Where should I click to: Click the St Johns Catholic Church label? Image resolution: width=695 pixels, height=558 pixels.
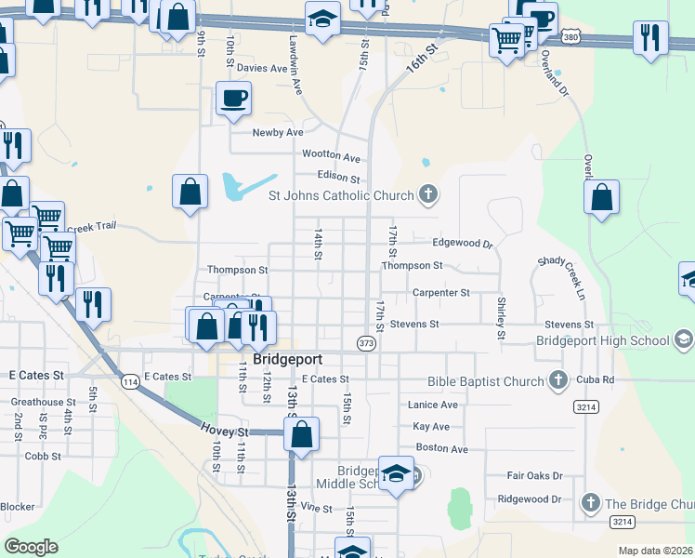tap(341, 195)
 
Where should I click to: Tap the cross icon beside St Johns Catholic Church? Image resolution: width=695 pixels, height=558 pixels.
tap(427, 194)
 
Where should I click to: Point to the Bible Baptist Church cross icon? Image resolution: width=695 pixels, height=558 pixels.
tap(557, 380)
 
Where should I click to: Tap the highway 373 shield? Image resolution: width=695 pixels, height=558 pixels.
tap(365, 343)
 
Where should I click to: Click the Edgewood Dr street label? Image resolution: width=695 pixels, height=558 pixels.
tap(462, 243)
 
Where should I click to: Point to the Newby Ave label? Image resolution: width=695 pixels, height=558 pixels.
tap(278, 132)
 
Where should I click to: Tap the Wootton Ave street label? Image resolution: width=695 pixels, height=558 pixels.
tap(332, 157)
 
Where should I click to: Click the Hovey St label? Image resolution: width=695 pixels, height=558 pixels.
tap(225, 432)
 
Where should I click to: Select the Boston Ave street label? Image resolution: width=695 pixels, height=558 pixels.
tap(442, 448)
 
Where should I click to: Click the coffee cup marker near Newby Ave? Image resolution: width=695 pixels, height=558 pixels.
tap(233, 98)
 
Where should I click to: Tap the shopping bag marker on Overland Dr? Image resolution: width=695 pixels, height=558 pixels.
tap(602, 197)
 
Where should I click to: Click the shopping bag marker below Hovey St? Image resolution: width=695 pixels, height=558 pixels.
tap(301, 433)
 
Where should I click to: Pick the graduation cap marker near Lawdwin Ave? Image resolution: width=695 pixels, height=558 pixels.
tap(321, 19)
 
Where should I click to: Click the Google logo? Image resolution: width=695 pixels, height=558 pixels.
tap(31, 547)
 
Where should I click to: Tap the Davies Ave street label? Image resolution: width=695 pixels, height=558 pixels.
tap(262, 68)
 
